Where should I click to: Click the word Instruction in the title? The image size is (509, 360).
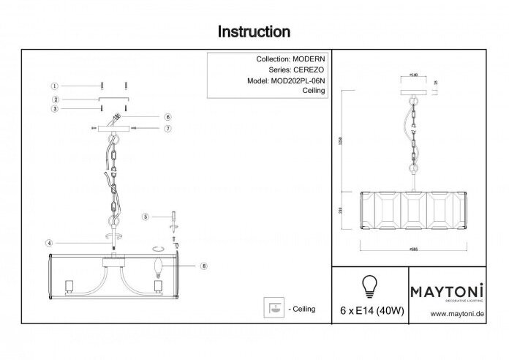click(x=254, y=32)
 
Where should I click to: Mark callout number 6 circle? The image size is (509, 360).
click(x=167, y=117)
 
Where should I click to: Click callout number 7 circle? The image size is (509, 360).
click(x=167, y=130)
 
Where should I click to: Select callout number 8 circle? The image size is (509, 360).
click(x=203, y=266)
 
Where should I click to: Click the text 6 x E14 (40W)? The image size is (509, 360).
click(x=371, y=310)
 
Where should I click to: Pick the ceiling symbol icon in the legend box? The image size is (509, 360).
click(x=274, y=309)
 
